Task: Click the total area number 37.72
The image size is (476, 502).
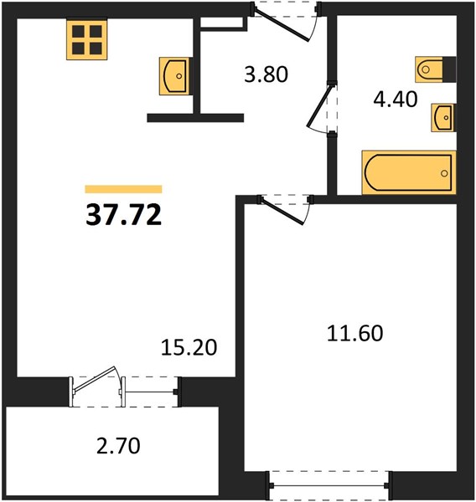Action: (123, 215)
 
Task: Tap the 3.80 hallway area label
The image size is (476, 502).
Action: (266, 74)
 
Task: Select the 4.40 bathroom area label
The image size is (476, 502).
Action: (396, 99)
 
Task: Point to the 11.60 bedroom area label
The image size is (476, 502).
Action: (354, 333)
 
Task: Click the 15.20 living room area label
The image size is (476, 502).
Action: (189, 348)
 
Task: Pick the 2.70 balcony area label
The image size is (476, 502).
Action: (118, 446)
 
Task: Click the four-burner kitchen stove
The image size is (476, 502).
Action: (87, 39)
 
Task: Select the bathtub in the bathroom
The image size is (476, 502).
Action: (409, 172)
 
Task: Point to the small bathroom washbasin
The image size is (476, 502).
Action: (443, 117)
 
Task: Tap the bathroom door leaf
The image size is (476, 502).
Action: (319, 105)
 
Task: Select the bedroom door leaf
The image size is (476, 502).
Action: (282, 211)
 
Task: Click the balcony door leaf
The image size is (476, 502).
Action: (95, 380)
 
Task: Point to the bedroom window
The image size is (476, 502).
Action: (329, 485)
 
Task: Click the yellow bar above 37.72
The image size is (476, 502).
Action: (123, 189)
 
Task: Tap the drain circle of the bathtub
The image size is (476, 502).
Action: (444, 173)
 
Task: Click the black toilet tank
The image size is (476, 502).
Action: (449, 69)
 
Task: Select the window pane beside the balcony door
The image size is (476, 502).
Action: (149, 392)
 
